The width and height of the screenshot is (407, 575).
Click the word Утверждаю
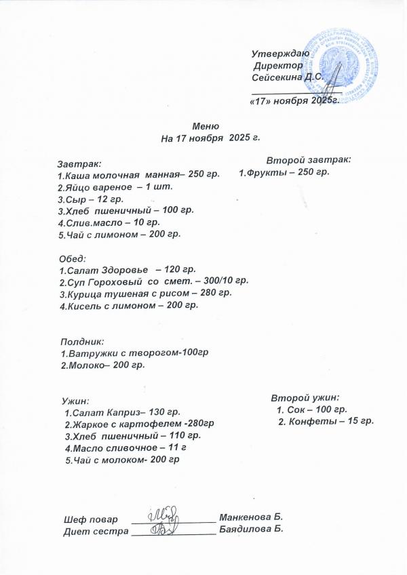[280, 53]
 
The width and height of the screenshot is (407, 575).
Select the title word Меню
[206, 126]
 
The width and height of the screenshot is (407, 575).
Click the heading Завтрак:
[79, 163]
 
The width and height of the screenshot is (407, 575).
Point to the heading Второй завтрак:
[308, 160]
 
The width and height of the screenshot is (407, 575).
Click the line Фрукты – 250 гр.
[284, 173]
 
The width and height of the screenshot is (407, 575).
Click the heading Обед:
[72, 258]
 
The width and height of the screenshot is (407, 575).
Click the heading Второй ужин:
[305, 397]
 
